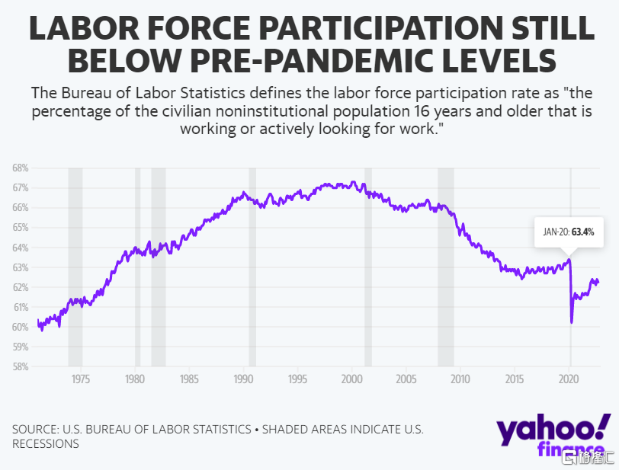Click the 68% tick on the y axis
(21, 168)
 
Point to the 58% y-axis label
(21, 366)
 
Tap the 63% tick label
(21, 267)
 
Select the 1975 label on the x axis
(81, 379)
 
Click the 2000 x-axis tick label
(351, 379)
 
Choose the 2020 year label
(569, 379)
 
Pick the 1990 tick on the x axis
(243, 379)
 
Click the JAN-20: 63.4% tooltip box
(569, 232)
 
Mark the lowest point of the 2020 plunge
(572, 322)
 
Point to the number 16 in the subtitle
(422, 111)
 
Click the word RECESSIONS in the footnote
(46, 444)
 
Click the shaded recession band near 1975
(75, 267)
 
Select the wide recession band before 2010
(446, 267)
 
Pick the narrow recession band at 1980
(138, 267)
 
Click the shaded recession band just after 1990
(252, 267)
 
